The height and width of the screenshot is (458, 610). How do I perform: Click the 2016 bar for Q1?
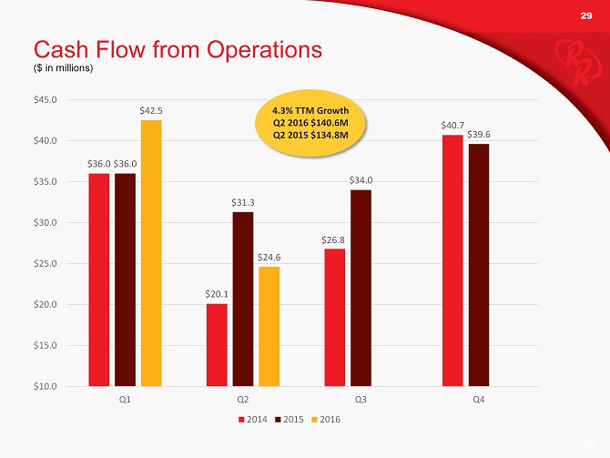pyautogui.click(x=151, y=253)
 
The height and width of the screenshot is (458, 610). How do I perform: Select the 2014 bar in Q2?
pyautogui.click(x=217, y=344)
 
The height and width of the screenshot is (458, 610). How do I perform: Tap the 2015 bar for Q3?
pyautogui.click(x=361, y=288)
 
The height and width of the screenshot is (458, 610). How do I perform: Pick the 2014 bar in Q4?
pyautogui.click(x=452, y=260)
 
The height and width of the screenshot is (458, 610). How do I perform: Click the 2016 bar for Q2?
pyautogui.click(x=269, y=326)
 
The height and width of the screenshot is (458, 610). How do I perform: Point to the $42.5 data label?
pyautogui.click(x=151, y=111)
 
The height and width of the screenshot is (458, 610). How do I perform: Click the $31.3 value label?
pyautogui.click(x=242, y=202)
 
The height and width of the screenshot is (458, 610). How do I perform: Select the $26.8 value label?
pyautogui.click(x=334, y=239)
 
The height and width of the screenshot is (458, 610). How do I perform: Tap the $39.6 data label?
pyautogui.click(x=479, y=135)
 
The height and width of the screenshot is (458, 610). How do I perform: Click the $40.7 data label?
pyautogui.click(x=452, y=125)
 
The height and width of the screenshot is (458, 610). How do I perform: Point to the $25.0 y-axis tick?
pyautogui.click(x=45, y=263)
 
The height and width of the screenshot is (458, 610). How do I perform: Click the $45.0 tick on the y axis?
pyautogui.click(x=45, y=99)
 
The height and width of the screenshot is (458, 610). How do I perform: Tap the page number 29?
pyautogui.click(x=586, y=15)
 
